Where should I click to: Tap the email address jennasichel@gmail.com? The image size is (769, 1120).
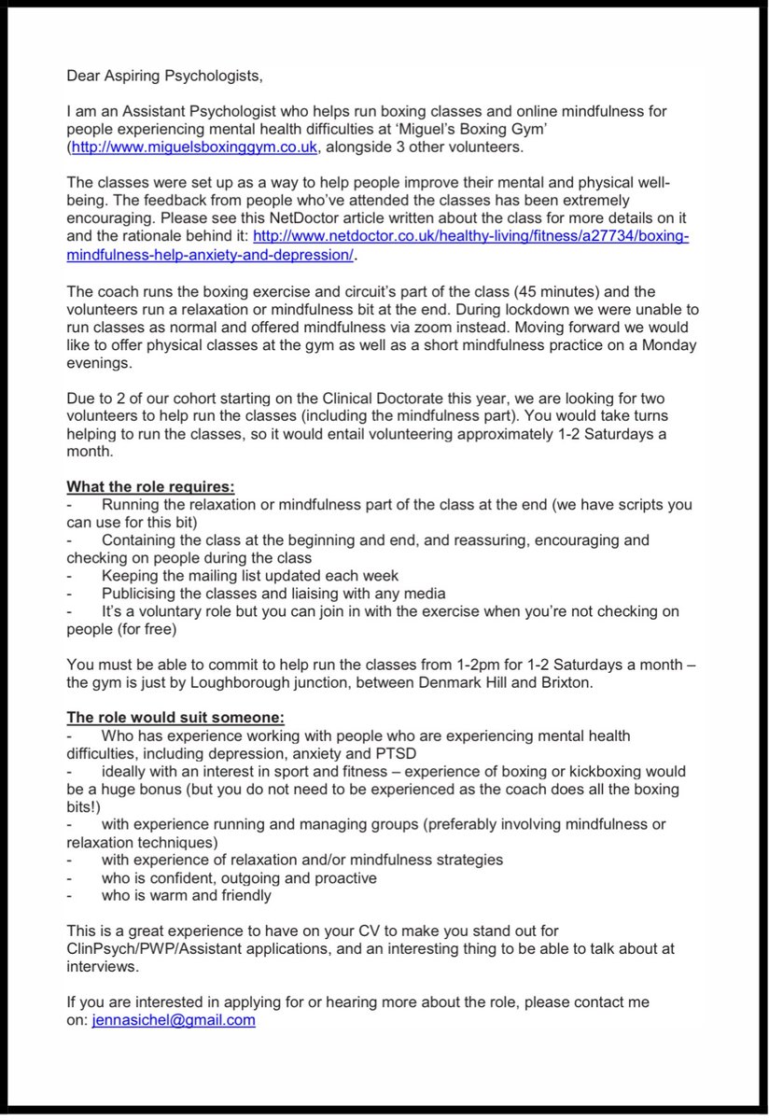(x=174, y=1020)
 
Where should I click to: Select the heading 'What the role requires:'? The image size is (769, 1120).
(x=151, y=486)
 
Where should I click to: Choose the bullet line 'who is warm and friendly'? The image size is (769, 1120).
(x=187, y=895)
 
